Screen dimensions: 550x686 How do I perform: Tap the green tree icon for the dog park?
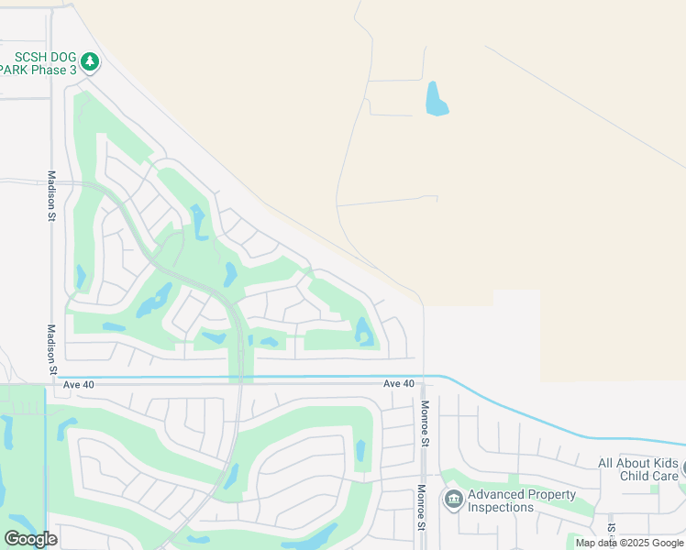(89, 62)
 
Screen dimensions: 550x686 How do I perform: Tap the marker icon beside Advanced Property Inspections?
(452, 500)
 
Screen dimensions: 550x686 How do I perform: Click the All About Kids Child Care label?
(638, 470)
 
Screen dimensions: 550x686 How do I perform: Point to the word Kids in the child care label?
(665, 464)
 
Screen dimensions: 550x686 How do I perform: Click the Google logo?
(30, 538)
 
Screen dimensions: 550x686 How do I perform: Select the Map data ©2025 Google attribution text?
(630, 543)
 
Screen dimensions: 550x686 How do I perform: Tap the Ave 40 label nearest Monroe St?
(399, 383)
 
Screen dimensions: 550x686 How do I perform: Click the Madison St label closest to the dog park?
(52, 196)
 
